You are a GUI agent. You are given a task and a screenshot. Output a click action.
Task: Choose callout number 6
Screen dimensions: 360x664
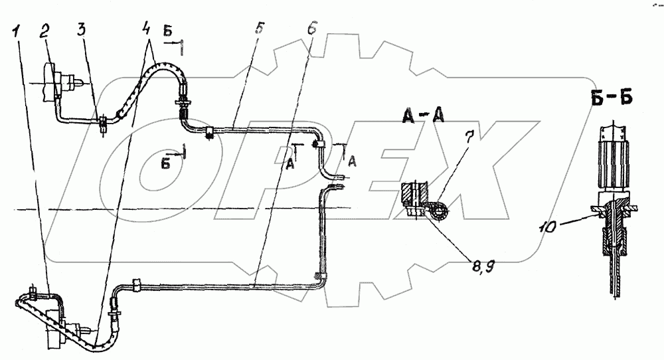(x=313, y=31)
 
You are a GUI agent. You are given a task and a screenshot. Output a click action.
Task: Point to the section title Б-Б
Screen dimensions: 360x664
(x=609, y=98)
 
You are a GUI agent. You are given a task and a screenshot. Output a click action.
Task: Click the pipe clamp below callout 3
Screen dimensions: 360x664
(x=104, y=123)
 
